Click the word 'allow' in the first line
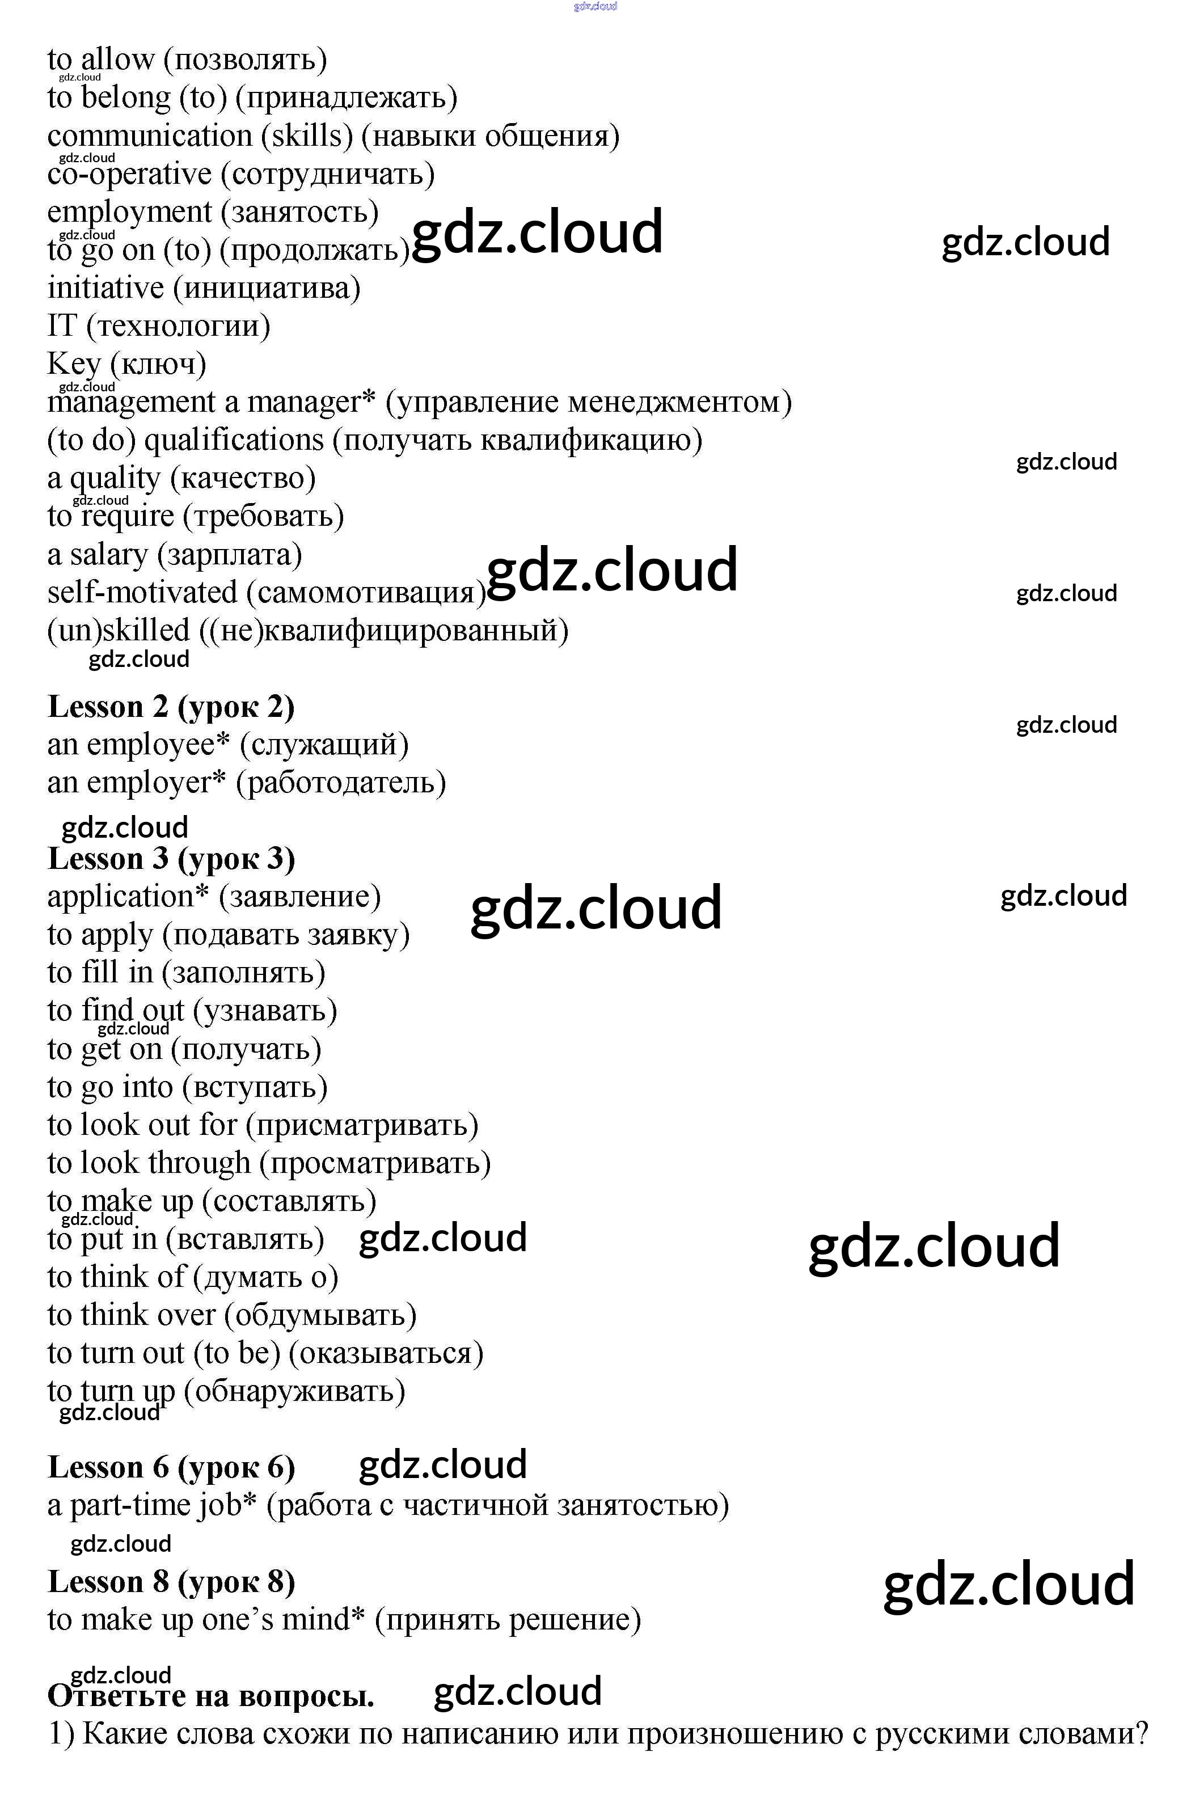pyautogui.click(x=118, y=59)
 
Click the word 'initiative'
pyautogui.click(x=105, y=288)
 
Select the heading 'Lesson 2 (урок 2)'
pyautogui.click(x=171, y=707)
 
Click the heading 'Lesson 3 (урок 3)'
pyautogui.click(x=171, y=859)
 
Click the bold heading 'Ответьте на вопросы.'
pyautogui.click(x=210, y=1696)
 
